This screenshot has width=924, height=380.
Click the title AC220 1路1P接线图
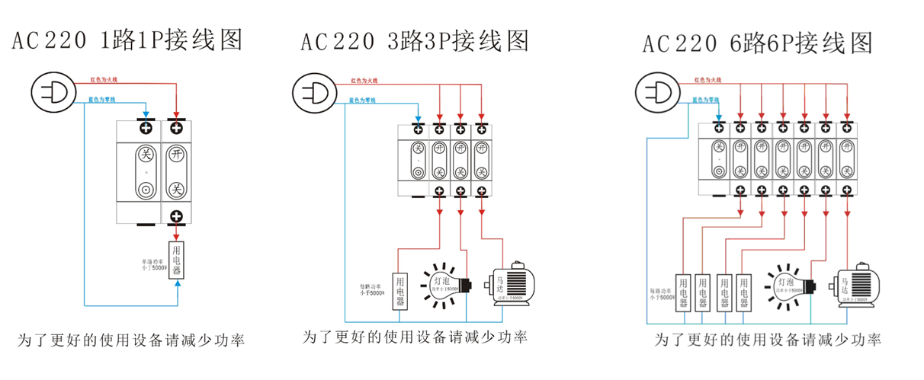(127, 40)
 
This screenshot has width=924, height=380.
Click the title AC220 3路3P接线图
(415, 40)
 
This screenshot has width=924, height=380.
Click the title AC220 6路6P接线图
(757, 43)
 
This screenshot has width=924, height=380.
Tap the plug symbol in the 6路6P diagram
(658, 94)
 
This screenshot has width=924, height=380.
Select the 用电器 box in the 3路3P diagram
(400, 291)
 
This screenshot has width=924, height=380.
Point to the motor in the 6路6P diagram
(858, 287)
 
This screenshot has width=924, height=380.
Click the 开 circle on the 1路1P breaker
(177, 154)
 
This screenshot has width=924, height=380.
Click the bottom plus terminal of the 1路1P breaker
(177, 216)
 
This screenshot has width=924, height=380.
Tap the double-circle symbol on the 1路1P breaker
(145, 189)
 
